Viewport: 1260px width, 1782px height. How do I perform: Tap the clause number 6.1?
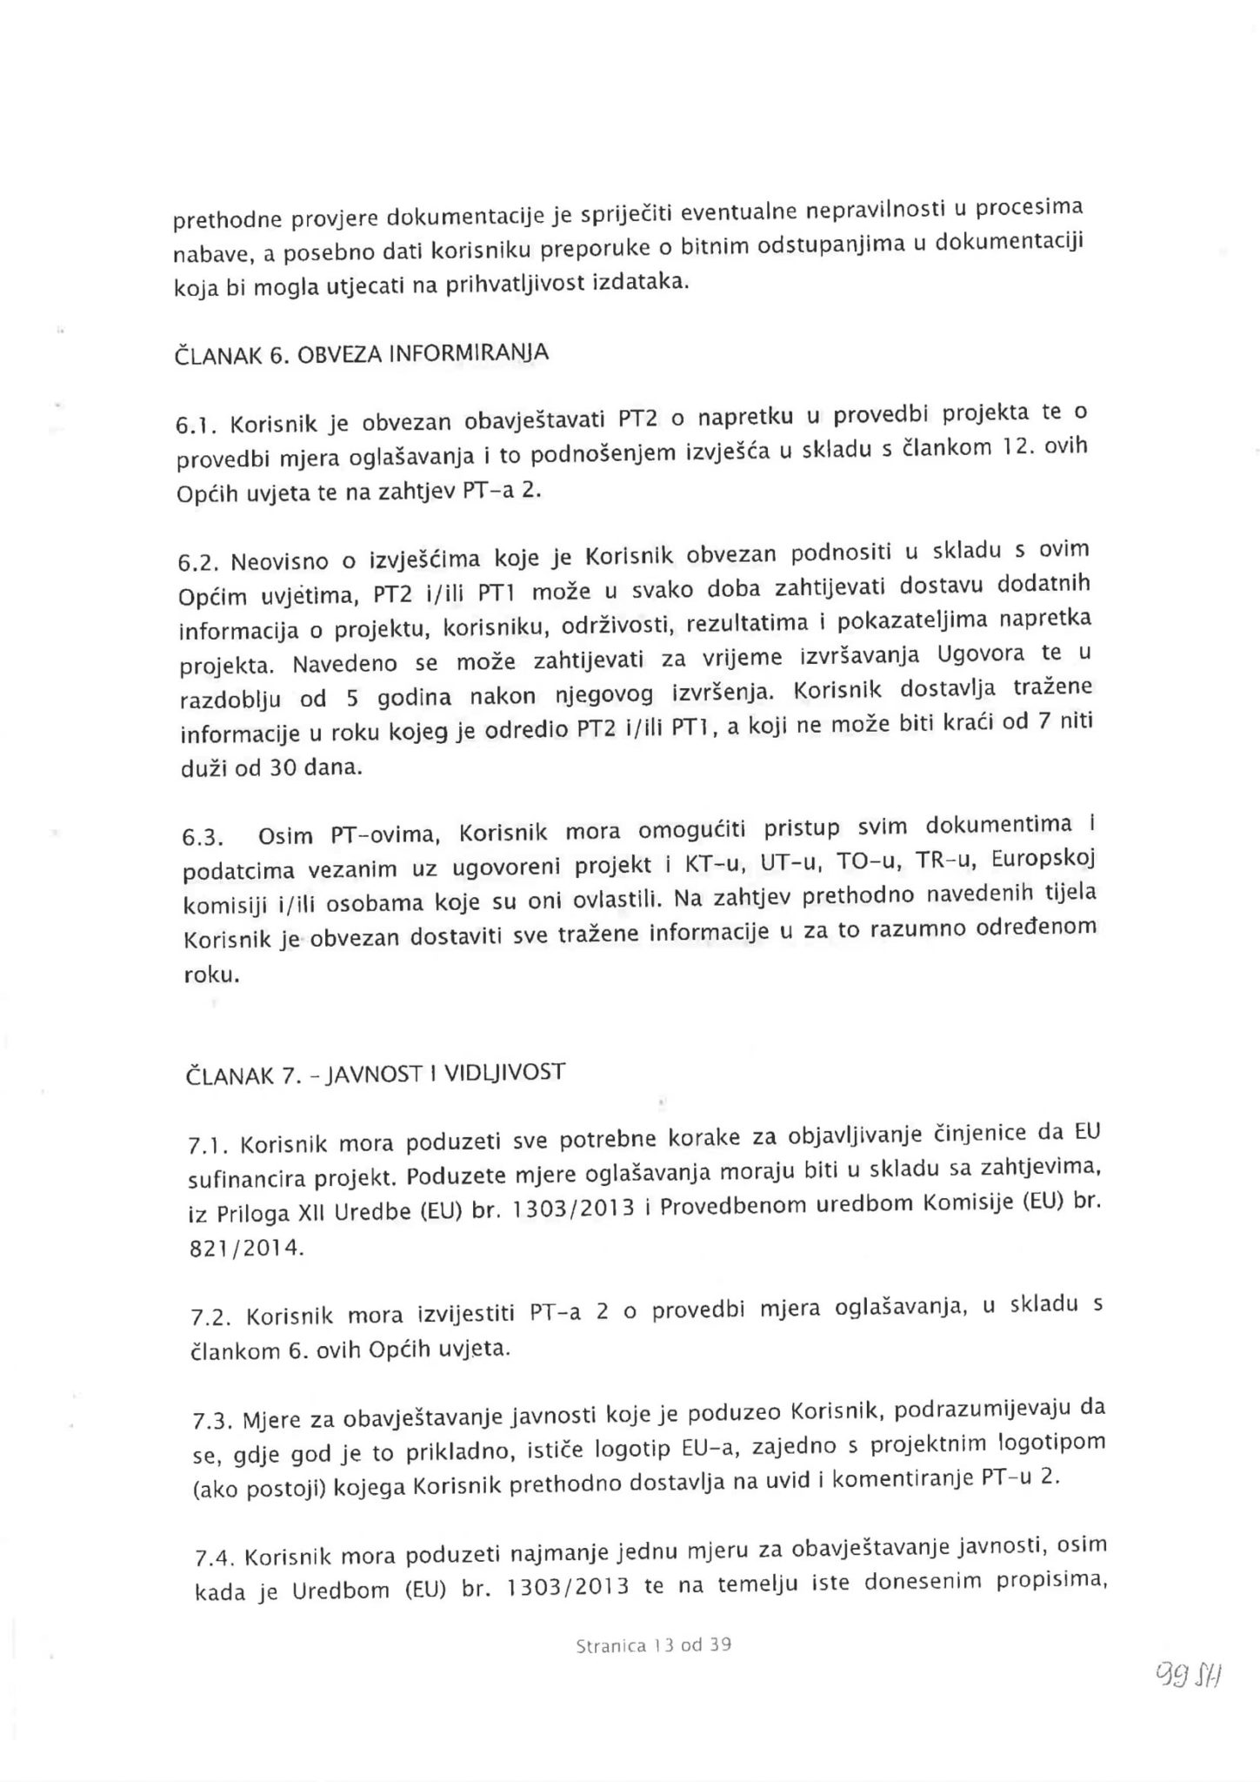click(x=191, y=425)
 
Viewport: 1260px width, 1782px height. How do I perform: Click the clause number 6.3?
click(x=202, y=838)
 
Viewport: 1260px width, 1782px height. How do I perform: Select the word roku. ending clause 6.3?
click(x=211, y=975)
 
